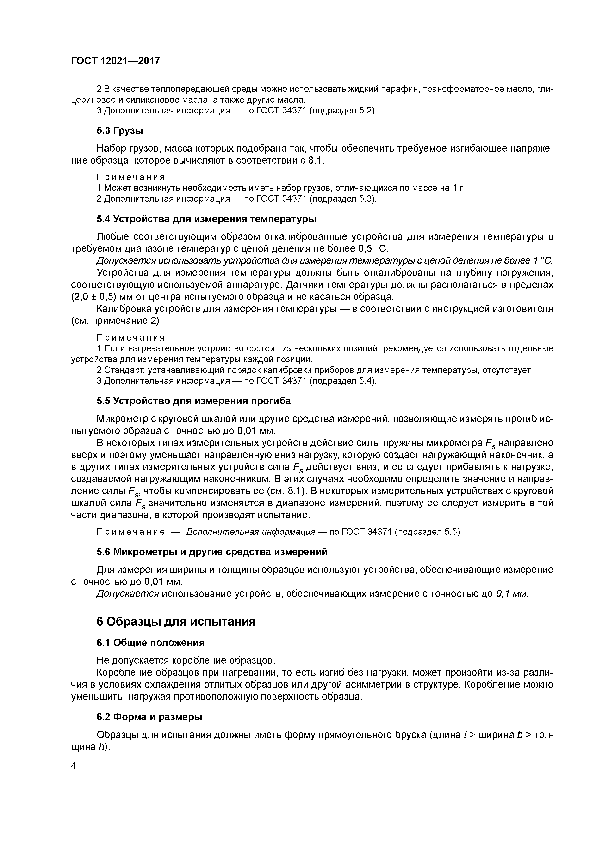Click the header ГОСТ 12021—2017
point(115,61)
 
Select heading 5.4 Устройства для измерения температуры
point(206,219)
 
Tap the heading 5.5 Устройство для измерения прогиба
point(193,401)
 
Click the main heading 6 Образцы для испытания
point(176,622)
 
